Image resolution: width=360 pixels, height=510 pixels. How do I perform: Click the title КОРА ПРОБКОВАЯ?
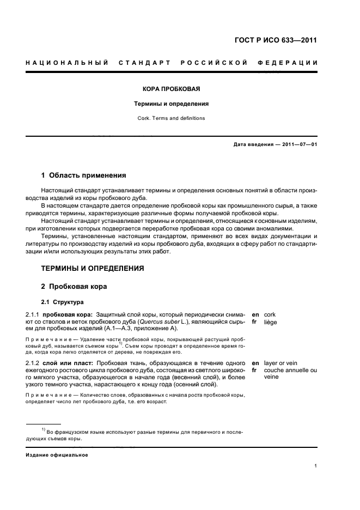click(x=172, y=88)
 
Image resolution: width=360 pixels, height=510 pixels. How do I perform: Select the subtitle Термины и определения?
click(x=172, y=103)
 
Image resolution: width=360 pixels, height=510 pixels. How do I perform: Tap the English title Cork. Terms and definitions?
click(x=172, y=118)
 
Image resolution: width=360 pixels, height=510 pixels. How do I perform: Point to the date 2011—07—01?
click(x=297, y=144)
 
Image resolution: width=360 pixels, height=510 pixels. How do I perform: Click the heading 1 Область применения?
click(x=84, y=175)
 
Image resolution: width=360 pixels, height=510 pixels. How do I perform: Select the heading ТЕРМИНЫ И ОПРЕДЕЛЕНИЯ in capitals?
click(x=93, y=269)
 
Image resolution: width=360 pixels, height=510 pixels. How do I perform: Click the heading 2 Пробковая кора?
click(x=75, y=286)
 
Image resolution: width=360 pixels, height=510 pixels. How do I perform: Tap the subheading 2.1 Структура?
click(x=63, y=302)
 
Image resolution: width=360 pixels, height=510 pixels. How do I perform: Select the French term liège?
click(x=271, y=322)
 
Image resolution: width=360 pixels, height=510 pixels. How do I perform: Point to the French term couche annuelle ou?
click(x=290, y=370)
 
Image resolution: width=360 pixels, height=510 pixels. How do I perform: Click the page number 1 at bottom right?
click(x=316, y=466)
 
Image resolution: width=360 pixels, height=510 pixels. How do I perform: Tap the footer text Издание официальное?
click(x=57, y=455)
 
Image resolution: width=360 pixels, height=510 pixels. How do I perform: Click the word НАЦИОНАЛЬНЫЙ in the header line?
click(x=66, y=63)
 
